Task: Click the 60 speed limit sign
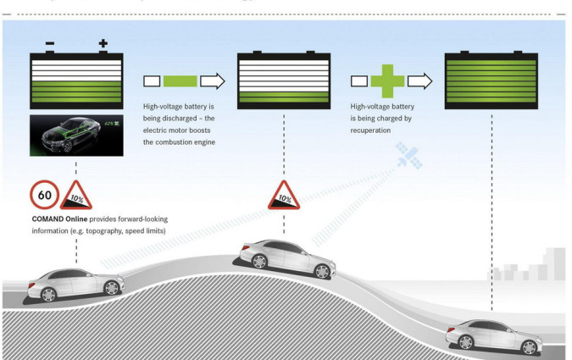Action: (x=43, y=196)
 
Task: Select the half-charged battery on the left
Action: (x=76, y=80)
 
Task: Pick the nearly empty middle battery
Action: (x=284, y=80)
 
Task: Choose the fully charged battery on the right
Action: (x=491, y=80)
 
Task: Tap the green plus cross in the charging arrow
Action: (x=387, y=81)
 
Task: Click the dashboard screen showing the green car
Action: (x=76, y=136)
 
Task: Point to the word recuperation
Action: (x=373, y=130)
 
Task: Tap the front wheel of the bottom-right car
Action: (x=531, y=346)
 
